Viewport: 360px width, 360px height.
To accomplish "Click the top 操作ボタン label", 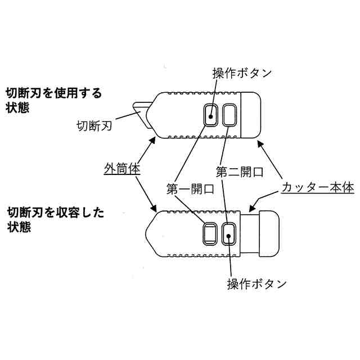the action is pos(242,74).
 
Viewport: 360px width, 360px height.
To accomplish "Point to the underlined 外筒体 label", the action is pos(121,168).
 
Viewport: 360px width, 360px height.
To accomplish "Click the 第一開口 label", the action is pos(191,189).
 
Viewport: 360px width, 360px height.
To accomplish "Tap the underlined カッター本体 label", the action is pos(317,187).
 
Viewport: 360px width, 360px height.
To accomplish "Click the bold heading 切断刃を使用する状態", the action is pos(53,100).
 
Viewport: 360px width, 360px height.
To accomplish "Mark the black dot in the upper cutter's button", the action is pos(210,116).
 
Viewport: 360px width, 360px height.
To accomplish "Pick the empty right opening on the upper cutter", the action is pos(229,115).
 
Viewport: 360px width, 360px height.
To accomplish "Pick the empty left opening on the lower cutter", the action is pos(210,233).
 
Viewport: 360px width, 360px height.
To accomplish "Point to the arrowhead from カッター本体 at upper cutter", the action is pos(260,145).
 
